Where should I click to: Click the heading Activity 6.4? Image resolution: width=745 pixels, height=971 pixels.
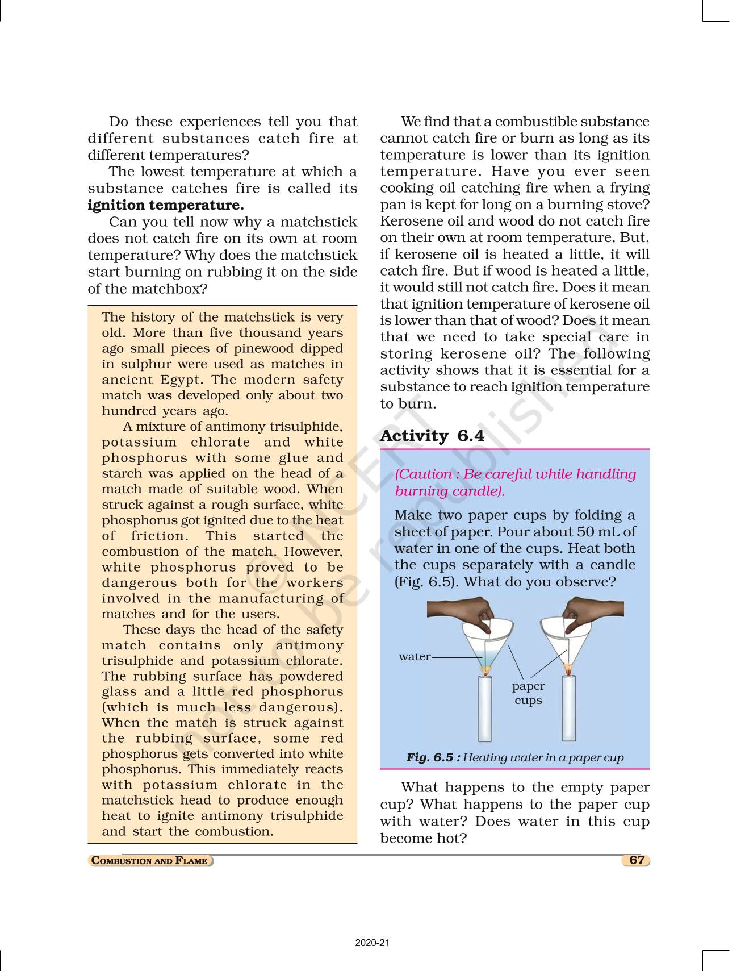pos(432,436)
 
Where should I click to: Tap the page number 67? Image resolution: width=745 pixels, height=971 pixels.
pos(637,860)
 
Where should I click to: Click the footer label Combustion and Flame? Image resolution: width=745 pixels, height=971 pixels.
pos(150,861)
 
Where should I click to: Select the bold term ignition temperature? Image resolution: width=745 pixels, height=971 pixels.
pos(166,205)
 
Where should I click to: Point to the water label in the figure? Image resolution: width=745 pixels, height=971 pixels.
pos(414,657)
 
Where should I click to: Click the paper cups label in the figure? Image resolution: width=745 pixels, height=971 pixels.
pos(528,693)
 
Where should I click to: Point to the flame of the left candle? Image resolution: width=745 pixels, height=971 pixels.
pos(485,671)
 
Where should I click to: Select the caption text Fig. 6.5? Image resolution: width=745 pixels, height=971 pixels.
pos(429,757)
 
